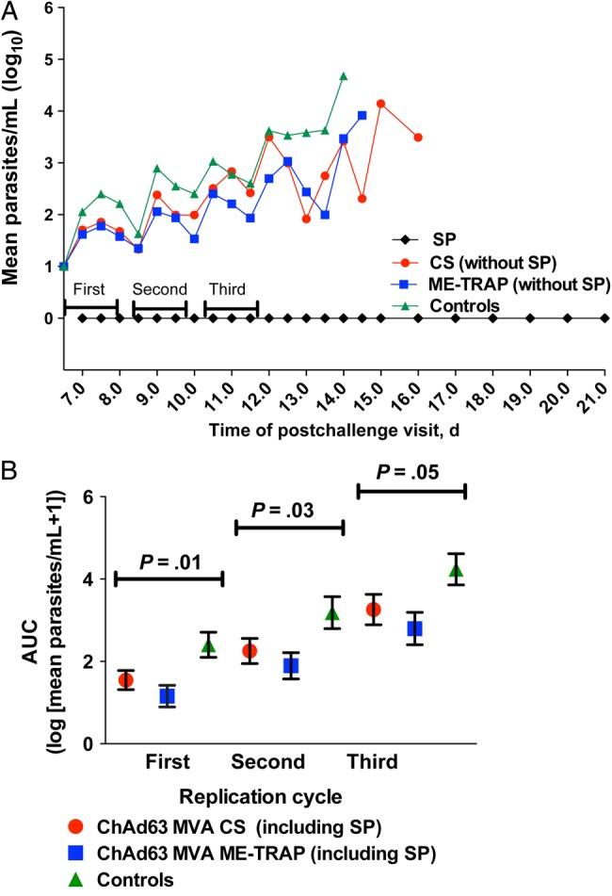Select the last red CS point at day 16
418,138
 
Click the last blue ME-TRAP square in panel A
362,115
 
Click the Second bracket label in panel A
159,289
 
